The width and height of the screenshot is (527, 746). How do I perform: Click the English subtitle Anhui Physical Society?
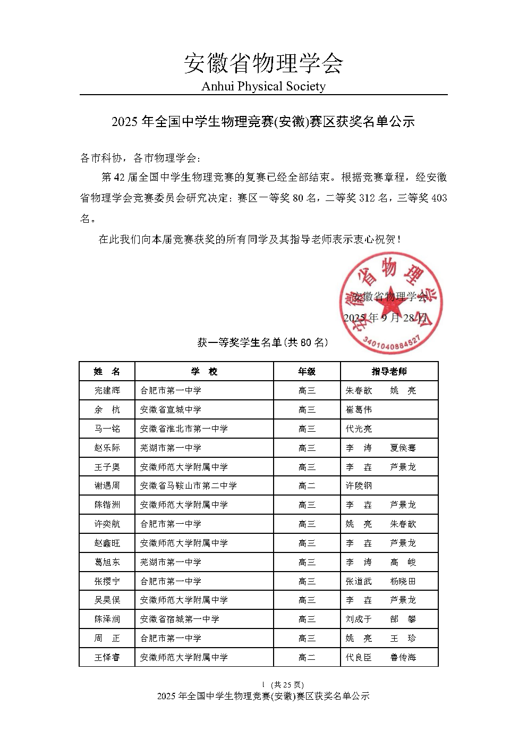263,86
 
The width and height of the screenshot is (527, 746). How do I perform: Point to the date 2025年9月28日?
385,318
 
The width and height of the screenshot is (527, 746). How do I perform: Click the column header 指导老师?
389,371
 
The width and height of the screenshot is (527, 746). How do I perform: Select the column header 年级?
307,371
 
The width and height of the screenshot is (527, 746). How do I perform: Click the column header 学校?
204,371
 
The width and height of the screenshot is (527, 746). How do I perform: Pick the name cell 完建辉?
107,390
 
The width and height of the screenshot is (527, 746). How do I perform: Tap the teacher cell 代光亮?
359,429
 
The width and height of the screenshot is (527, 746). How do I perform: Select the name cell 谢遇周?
107,485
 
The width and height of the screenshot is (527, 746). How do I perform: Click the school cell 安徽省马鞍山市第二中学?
189,485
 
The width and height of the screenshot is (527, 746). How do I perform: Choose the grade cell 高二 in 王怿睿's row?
307,657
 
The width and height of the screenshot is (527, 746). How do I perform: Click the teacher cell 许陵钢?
359,485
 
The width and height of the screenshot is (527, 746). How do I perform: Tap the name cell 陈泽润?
107,619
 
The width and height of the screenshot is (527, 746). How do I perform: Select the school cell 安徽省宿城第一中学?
180,619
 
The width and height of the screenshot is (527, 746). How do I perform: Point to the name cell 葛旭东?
107,562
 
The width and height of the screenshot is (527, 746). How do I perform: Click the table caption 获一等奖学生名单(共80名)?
263,343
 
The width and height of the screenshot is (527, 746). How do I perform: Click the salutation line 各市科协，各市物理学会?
141,158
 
